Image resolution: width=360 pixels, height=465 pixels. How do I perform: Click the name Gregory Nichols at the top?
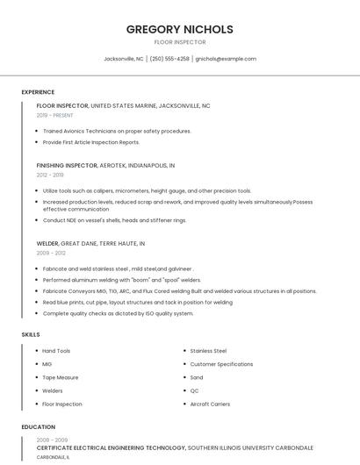point(179,29)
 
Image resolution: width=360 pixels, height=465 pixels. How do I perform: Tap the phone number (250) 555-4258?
point(169,59)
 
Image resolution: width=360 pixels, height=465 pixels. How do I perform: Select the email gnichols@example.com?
point(226,59)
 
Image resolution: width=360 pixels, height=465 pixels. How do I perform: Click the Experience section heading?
point(38,92)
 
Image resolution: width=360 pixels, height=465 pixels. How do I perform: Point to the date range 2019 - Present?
point(54,115)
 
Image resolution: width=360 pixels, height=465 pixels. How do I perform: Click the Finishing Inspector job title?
point(67,165)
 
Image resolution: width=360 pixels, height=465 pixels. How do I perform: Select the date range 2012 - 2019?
point(50,175)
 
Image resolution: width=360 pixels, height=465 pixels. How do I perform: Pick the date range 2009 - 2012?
point(51,253)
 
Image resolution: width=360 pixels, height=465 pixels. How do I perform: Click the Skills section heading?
point(31,334)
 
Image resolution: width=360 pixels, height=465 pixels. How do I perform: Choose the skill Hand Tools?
point(56,351)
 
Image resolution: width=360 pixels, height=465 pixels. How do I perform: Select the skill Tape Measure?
point(61,377)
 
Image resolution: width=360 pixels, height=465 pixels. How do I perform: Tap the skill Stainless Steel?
point(208,351)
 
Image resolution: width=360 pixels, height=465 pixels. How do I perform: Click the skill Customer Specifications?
point(221,364)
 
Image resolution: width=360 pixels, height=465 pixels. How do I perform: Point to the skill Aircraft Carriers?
point(210,404)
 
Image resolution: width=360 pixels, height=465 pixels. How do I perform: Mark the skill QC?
point(194,390)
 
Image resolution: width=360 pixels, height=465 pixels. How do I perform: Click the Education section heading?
point(39,427)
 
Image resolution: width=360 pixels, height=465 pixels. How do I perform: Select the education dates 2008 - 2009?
point(52,440)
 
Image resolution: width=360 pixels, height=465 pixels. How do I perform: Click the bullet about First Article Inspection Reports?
point(91,142)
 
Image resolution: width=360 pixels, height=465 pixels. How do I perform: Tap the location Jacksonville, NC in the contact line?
point(124,59)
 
